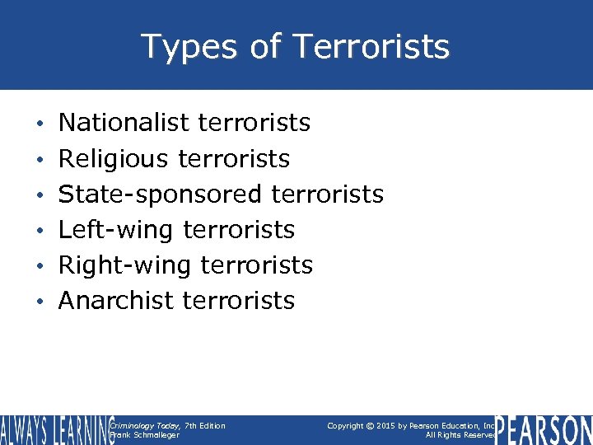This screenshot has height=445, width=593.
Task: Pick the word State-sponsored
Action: tap(160, 194)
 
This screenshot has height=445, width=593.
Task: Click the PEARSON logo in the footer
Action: tap(544, 429)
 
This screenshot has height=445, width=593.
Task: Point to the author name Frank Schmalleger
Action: tap(144, 435)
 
